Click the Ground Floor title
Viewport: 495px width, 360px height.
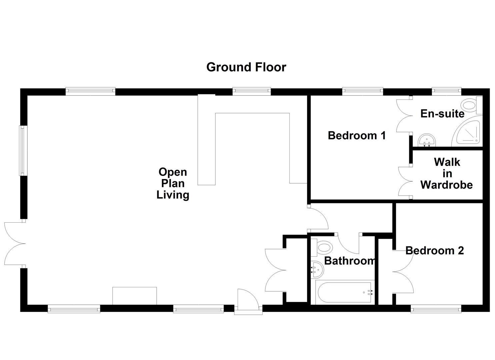246,67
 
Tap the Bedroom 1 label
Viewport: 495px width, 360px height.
357,135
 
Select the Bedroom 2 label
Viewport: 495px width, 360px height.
434,250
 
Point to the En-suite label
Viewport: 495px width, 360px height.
442,114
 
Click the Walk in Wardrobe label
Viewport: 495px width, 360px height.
447,173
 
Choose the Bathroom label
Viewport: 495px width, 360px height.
349,260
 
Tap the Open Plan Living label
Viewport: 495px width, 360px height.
173,183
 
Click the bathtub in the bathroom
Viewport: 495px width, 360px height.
344,292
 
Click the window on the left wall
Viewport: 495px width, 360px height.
22,150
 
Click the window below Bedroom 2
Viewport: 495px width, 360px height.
436,310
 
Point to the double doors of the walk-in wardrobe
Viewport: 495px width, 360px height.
405,182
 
